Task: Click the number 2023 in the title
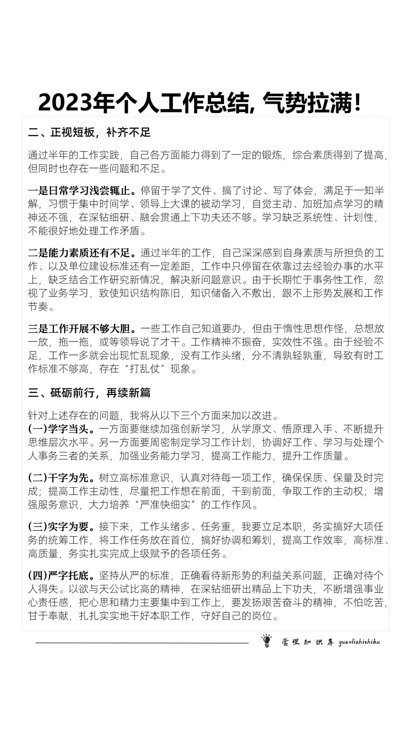coord(65,103)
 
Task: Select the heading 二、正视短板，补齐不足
coord(89,132)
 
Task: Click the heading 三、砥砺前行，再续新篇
coord(89,392)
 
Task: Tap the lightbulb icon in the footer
coord(266,641)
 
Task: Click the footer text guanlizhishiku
coord(359,642)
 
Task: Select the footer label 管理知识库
coord(307,642)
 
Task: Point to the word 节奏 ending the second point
coord(38,307)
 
